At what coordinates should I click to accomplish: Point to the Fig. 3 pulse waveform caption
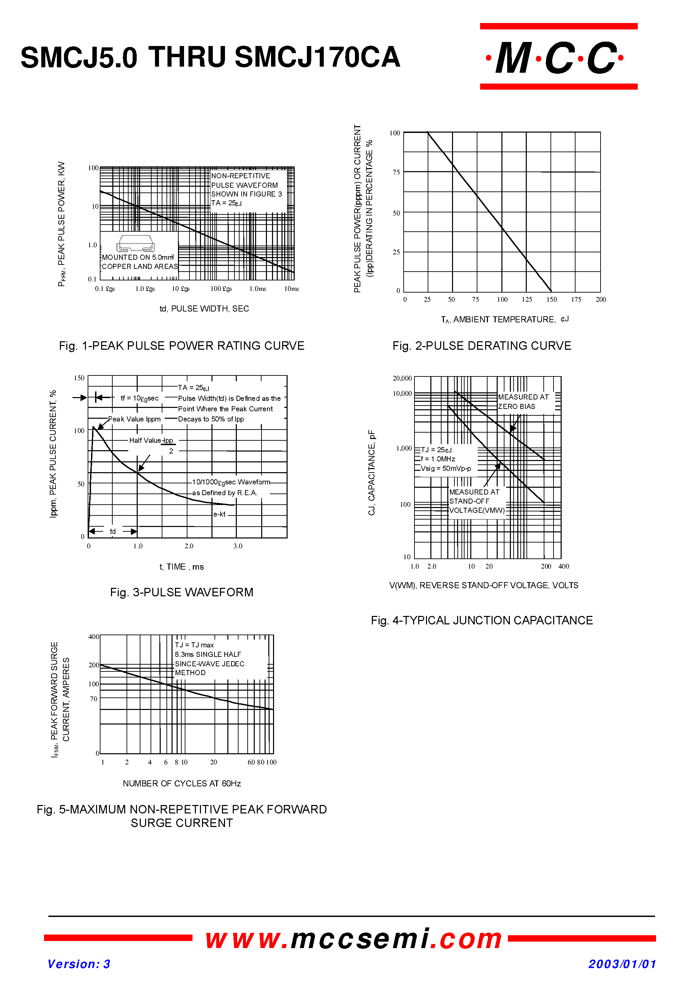pos(181,592)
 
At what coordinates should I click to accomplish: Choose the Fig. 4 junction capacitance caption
pos(481,620)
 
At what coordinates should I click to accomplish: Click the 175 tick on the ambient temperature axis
pos(576,299)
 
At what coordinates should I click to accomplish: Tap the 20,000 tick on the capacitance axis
pos(402,378)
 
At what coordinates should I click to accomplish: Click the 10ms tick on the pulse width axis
pos(291,289)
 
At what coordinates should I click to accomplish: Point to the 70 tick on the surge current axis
pos(93,699)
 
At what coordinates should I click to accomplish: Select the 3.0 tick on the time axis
pos(238,546)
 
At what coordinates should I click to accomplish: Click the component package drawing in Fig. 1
pos(135,244)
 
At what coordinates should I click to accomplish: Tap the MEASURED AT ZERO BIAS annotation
pos(523,401)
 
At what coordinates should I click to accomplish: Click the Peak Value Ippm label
pos(134,419)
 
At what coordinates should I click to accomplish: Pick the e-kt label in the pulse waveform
pos(219,514)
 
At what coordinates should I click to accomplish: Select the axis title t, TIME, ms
pos(181,567)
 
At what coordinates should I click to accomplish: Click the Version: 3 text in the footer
pos(78,964)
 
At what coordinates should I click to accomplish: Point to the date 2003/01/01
pos(622,964)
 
